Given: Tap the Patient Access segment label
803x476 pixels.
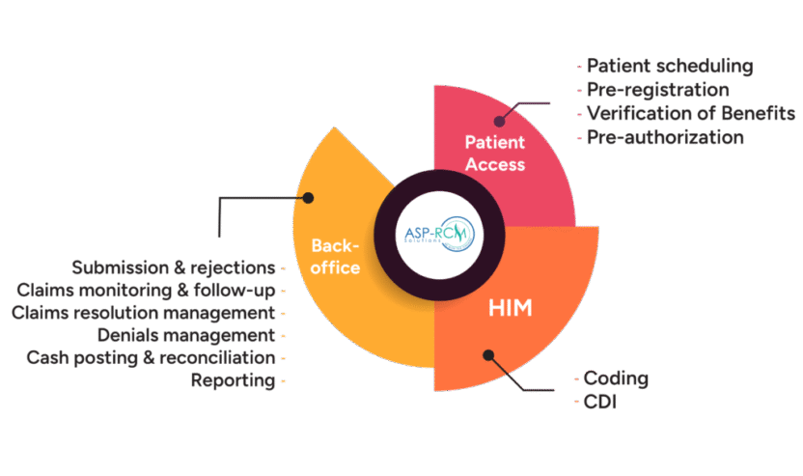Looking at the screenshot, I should (x=495, y=154).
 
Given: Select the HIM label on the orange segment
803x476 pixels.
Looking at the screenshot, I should (x=510, y=309).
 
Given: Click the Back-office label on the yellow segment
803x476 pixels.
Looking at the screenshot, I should (x=334, y=258).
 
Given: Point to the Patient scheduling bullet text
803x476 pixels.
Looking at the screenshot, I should (x=670, y=67).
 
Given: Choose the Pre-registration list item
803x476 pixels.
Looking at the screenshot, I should (x=657, y=90).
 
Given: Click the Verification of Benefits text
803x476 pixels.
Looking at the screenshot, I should (x=691, y=114).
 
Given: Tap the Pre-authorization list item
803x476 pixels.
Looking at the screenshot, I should (x=665, y=137).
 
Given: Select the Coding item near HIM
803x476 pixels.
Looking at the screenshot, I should (x=617, y=378).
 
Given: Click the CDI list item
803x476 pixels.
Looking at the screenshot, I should (x=600, y=402).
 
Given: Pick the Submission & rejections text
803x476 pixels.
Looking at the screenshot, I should (x=174, y=266).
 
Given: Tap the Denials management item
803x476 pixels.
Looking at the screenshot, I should (x=186, y=336).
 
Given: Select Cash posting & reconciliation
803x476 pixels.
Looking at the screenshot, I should (x=152, y=358).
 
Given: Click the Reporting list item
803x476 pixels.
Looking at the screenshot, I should (x=233, y=381).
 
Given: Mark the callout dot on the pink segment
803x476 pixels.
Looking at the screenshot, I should (x=501, y=121).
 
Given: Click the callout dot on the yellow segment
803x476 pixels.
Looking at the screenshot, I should (x=309, y=198).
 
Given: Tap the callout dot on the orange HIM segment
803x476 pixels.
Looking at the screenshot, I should (x=488, y=355).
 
